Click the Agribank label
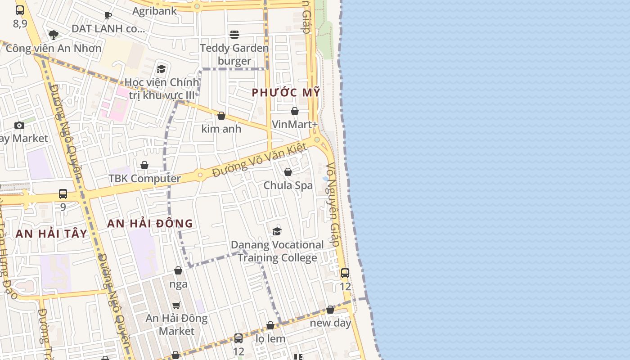(x=155, y=11)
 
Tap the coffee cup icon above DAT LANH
(x=108, y=16)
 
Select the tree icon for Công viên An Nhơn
(x=54, y=35)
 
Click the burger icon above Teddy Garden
(x=234, y=35)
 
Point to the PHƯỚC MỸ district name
(x=286, y=93)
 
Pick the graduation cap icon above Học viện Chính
(x=161, y=69)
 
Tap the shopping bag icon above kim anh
(x=221, y=116)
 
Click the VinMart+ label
(x=295, y=124)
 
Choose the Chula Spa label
(x=288, y=185)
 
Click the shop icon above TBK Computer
(x=144, y=165)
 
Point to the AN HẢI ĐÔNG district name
(x=150, y=223)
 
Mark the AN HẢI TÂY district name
(x=51, y=234)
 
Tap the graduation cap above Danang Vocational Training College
(x=277, y=232)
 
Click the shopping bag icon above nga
(x=178, y=270)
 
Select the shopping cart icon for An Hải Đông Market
(x=176, y=305)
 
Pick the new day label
(x=330, y=323)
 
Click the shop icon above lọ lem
(x=270, y=325)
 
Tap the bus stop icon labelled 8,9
(x=20, y=10)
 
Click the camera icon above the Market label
(x=19, y=125)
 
